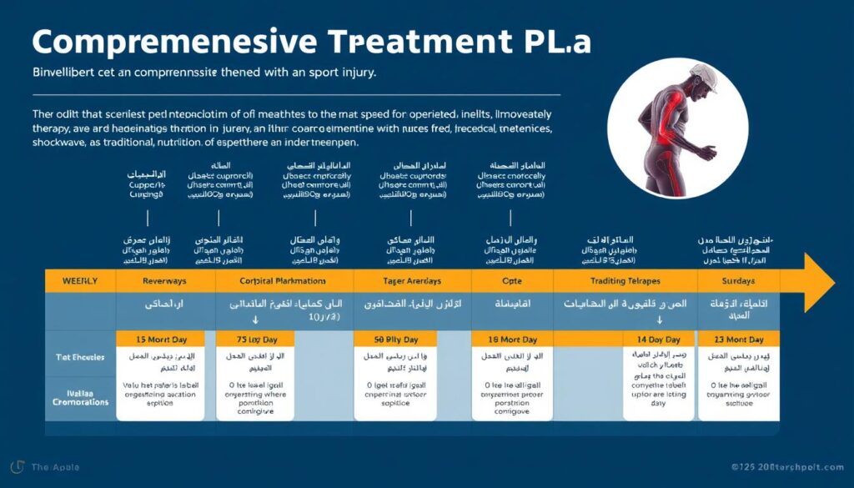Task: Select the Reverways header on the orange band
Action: click(x=164, y=281)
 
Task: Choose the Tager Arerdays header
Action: click(x=412, y=281)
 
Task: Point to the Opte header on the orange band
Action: click(x=511, y=281)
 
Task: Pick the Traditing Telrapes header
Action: click(x=625, y=281)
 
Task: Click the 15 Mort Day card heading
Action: click(x=159, y=340)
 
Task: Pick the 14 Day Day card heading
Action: click(x=659, y=340)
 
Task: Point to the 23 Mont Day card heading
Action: click(x=738, y=340)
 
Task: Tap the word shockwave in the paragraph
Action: click(x=63, y=143)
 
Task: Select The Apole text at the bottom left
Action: click(x=54, y=467)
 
